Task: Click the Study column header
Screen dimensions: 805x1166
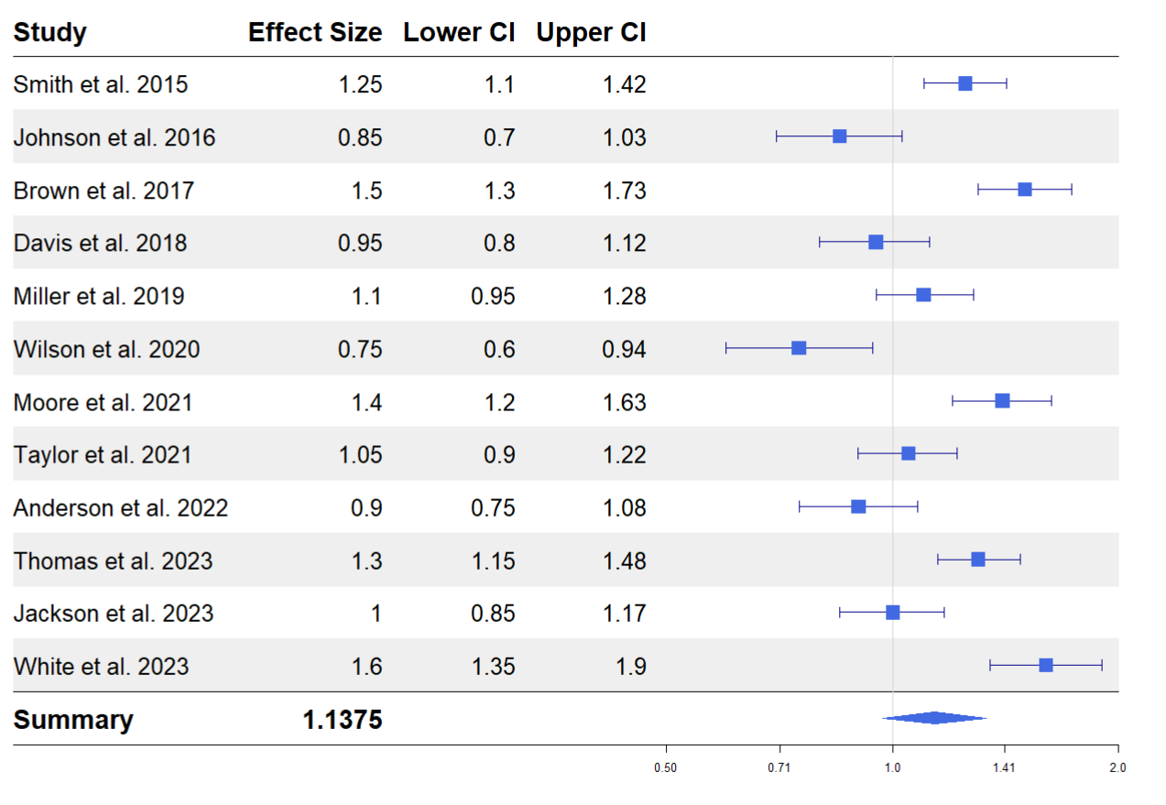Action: coord(49,33)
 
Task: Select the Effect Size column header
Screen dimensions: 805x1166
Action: coord(314,33)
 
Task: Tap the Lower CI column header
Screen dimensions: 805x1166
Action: coord(459,33)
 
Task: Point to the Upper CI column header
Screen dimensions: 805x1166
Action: coord(591,33)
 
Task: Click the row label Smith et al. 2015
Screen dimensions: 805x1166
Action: coord(101,84)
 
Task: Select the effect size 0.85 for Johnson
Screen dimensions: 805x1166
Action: coord(360,137)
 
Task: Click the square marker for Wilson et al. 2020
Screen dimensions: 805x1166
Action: coord(799,348)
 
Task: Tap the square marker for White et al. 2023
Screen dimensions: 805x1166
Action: coord(1046,665)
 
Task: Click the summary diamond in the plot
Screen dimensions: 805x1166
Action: coord(934,718)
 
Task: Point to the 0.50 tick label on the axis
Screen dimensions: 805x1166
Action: coord(666,767)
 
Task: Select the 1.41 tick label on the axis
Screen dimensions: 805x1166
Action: coord(1005,767)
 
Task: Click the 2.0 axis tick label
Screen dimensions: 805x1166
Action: coord(1117,767)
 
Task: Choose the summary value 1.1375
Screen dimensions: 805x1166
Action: coord(342,720)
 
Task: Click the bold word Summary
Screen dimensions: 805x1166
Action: coord(73,720)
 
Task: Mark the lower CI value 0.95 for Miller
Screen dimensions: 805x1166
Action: coord(493,296)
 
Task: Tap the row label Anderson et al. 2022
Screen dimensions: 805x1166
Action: coord(121,507)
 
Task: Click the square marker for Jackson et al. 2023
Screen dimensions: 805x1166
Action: coord(893,612)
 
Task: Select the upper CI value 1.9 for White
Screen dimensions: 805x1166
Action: coord(630,666)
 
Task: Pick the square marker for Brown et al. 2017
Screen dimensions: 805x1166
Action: coord(1025,190)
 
